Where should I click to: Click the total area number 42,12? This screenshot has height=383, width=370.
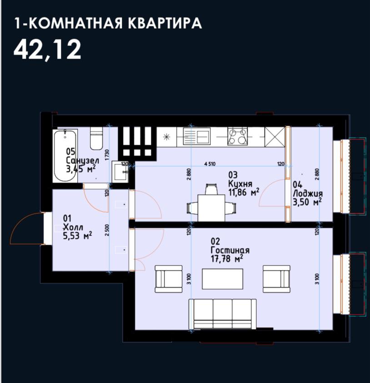coord(47,49)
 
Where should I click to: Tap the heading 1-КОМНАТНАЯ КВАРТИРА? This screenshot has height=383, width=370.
coord(108,23)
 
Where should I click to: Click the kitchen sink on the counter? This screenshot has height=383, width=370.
coord(196,136)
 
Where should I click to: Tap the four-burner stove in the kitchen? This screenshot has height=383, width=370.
coord(238,136)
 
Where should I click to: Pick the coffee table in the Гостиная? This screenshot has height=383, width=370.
coord(223,279)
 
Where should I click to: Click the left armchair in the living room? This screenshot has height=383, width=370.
coord(169,278)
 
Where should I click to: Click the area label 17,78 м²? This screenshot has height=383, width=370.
coord(226,259)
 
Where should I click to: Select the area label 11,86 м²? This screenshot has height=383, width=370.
coord(244,192)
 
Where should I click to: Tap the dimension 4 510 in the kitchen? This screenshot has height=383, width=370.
coord(209,164)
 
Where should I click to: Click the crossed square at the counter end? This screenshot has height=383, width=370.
coord(274,136)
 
